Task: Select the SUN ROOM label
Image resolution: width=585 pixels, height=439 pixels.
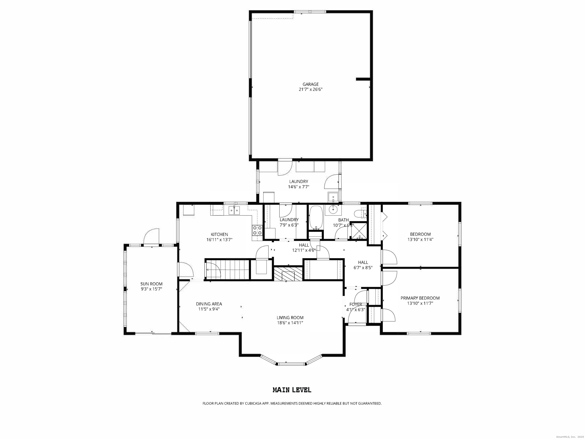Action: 151,284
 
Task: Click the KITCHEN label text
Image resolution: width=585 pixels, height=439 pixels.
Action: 219,234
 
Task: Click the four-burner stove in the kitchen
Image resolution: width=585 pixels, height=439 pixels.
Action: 257,230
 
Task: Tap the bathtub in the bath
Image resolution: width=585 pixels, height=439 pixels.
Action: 316,218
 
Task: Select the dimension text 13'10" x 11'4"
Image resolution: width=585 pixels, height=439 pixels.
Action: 420,240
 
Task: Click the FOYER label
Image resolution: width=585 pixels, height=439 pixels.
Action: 356,304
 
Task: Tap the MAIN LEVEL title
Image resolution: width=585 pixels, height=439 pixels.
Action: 292,390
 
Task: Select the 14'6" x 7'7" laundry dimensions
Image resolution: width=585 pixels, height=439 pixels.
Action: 299,187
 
